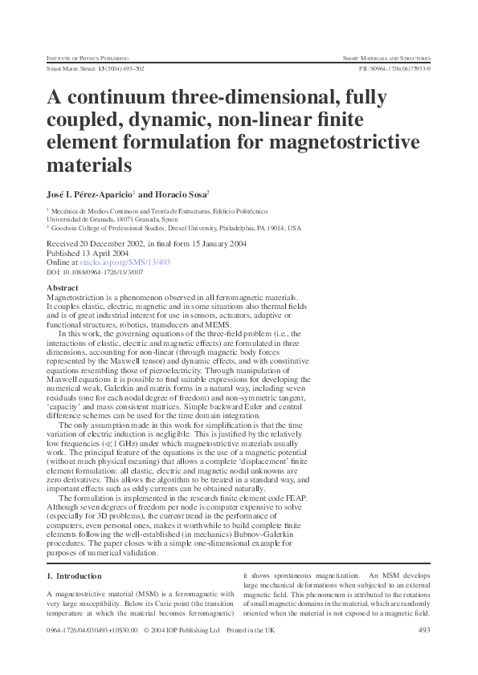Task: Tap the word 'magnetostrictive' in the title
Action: point(352,142)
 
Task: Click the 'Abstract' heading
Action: point(63,287)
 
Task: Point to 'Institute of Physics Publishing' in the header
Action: point(88,59)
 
